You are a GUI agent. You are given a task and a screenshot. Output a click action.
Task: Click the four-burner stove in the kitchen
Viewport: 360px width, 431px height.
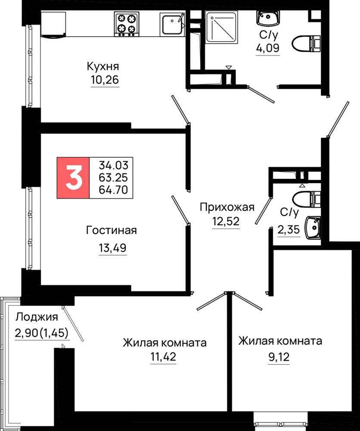pos(126,24)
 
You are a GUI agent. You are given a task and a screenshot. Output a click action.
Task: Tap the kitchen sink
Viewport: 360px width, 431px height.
pos(172,24)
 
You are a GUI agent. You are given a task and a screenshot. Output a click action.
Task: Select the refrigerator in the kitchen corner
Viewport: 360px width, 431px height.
pos(53,24)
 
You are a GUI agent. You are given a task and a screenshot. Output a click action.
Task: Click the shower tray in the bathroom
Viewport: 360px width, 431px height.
pos(221,27)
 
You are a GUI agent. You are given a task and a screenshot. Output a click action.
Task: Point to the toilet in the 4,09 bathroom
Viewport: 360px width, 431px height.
pos(307,44)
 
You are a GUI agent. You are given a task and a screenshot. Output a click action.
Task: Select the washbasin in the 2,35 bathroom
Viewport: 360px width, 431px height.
pos(313,227)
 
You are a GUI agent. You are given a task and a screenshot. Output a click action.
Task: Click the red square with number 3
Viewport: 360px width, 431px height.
pos(73,178)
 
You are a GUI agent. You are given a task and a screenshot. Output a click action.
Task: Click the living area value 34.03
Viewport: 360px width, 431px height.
pos(113,166)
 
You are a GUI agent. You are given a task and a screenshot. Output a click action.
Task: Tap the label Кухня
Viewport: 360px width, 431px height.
pos(103,66)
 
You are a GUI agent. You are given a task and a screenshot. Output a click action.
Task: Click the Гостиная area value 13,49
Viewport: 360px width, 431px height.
pos(112,248)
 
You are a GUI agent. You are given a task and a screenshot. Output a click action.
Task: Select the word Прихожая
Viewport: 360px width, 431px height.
pos(227,207)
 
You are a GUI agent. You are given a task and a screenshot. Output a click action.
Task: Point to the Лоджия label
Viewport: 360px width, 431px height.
pos(37,317)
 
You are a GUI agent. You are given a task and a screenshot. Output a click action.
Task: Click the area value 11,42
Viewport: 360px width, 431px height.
pos(163,357)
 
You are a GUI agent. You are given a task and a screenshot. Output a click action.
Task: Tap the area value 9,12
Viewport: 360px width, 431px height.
pos(279,357)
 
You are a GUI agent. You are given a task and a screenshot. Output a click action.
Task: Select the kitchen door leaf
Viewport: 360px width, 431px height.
pos(180,109)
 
